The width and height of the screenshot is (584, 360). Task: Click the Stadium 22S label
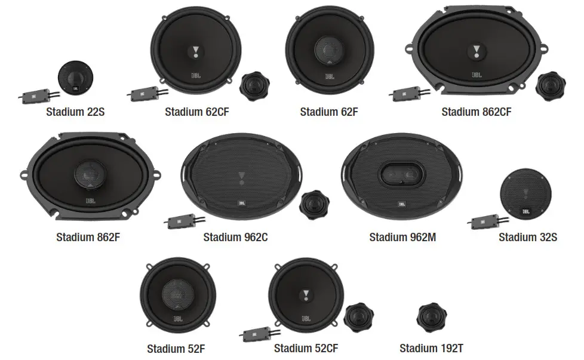(x=76, y=111)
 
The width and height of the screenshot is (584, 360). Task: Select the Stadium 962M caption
(x=402, y=237)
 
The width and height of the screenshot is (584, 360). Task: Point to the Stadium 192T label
(x=431, y=348)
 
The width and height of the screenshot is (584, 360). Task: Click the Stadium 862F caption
(x=88, y=237)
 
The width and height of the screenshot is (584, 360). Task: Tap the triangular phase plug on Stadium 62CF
(x=195, y=51)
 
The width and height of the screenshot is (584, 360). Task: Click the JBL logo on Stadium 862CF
(x=476, y=75)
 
